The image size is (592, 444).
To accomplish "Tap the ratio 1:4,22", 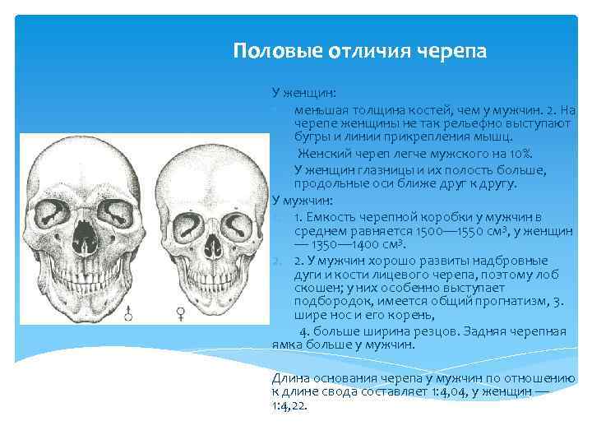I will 289,405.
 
